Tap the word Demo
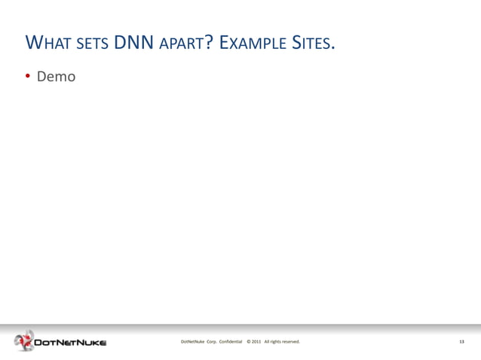tap(57, 77)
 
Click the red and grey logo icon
tap(24, 341)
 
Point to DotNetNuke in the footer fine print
tap(192, 342)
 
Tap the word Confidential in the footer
tap(230, 342)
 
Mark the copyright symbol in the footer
tap(249, 342)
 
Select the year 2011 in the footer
tap(256, 342)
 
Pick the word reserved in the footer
tap(291, 342)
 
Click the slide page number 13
tap(461, 342)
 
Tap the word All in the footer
tap(267, 342)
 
